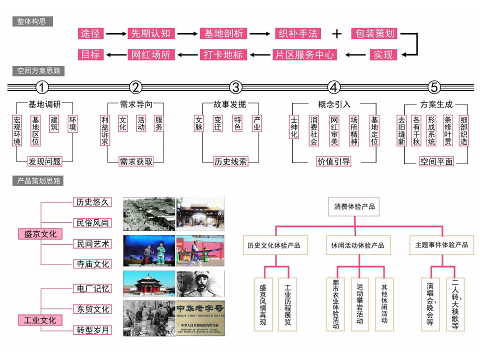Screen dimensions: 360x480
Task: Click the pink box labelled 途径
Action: tap(91, 33)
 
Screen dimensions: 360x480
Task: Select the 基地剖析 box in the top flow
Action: tap(224, 33)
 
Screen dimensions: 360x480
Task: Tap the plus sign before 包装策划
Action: tap(337, 33)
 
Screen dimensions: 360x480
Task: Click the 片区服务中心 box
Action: tap(304, 54)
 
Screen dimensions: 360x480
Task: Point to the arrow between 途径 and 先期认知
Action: tap(115, 33)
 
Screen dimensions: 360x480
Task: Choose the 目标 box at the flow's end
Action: tap(90, 54)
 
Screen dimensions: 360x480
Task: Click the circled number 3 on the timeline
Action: tap(235, 87)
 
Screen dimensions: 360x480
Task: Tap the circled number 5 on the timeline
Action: tap(434, 87)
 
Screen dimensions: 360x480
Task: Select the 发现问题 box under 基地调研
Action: tap(45, 161)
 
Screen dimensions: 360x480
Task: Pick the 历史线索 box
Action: tap(230, 161)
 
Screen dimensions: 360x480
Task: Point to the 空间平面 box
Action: tap(436, 161)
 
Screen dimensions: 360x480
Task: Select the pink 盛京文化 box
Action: tap(41, 234)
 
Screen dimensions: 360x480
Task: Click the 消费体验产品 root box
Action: tap(354, 206)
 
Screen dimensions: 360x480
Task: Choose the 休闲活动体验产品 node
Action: tap(357, 245)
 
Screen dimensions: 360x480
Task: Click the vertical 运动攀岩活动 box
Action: tap(360, 304)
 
